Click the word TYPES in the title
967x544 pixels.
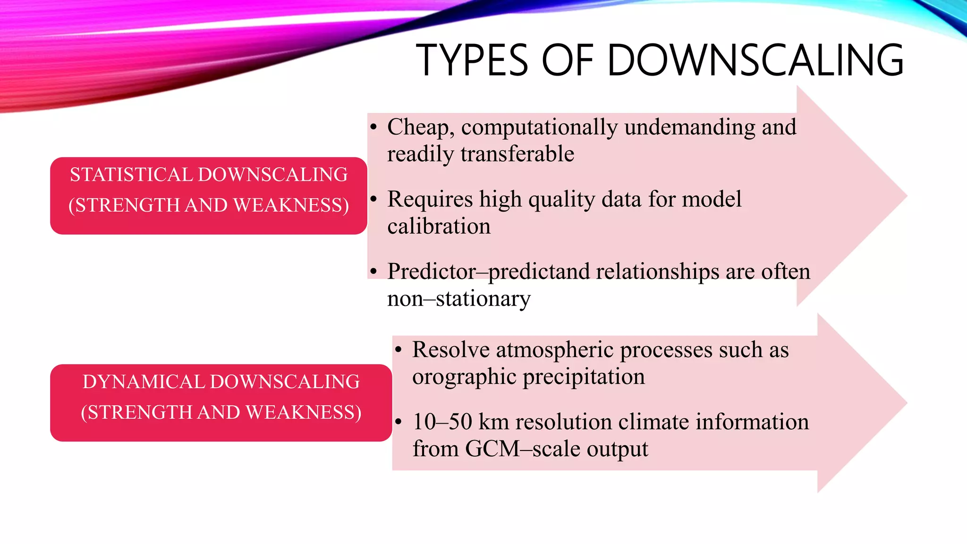[x=472, y=60]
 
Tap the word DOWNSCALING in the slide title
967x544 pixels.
[x=755, y=60]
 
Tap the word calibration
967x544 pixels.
[x=439, y=227]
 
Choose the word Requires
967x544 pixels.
[x=430, y=199]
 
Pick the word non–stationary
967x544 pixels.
[x=458, y=299]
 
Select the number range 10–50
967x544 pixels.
[x=442, y=422]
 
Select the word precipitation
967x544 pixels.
[x=584, y=377]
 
